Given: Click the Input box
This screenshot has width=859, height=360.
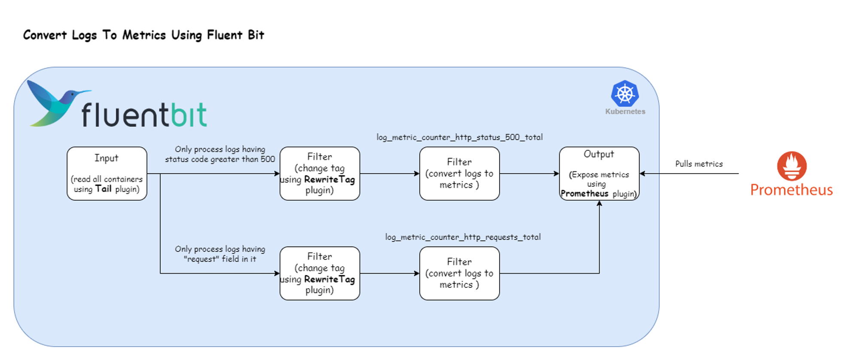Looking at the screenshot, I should (107, 173).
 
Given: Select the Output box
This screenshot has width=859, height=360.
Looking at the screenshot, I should (599, 173).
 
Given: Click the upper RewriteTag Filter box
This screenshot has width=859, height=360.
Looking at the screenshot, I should (320, 173).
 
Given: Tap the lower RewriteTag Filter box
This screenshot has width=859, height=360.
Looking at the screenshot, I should (320, 273).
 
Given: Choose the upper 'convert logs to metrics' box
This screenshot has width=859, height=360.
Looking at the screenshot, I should (459, 173).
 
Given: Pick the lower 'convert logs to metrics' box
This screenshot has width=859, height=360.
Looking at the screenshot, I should (459, 273).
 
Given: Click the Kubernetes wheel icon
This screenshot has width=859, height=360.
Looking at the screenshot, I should (624, 94).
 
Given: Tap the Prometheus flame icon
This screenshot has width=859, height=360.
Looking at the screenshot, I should (792, 166).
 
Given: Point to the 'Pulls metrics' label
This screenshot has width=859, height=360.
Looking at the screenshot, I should (699, 164).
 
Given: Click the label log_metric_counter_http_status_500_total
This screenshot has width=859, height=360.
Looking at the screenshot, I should (460, 137).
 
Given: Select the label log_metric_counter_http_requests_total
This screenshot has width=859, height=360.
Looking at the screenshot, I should (463, 237).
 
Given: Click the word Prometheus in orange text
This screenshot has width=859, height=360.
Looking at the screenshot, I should (791, 190).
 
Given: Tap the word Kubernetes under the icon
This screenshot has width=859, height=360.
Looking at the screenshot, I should (625, 112).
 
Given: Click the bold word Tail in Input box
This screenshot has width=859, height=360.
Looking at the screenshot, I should (104, 189).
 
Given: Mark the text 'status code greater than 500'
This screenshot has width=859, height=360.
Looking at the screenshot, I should (220, 159).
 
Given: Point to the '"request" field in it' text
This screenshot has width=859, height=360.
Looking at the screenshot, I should (220, 259).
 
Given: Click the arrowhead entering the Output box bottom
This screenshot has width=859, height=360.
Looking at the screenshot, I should (599, 204).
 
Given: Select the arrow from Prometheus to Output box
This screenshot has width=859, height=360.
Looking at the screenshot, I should (691, 174).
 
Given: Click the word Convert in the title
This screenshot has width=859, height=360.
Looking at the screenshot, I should (45, 35).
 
